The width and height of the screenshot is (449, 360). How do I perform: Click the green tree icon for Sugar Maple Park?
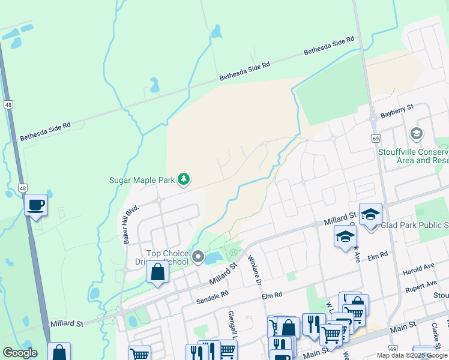[x=184, y=179]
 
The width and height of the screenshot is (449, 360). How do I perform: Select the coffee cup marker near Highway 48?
[x=36, y=206]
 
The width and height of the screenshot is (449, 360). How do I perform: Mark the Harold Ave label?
[x=420, y=266]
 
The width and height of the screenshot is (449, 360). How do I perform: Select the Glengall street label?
[x=231, y=325]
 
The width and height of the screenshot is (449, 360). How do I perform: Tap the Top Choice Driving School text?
[x=170, y=258]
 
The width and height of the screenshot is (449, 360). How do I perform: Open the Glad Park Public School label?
[x=414, y=226]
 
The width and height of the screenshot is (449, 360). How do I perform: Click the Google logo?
[x=19, y=353]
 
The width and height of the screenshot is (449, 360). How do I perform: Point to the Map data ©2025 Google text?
[x=411, y=355]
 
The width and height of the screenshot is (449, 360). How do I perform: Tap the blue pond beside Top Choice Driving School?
[x=214, y=258]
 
